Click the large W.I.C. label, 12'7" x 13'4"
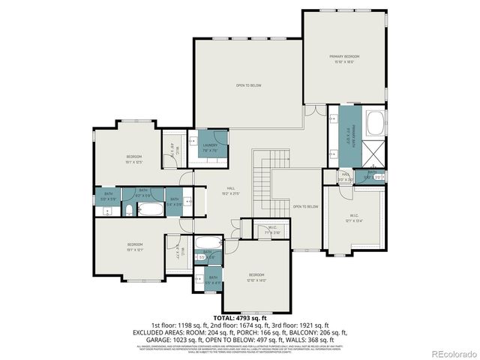tap(354, 218)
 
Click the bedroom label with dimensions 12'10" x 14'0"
tap(257, 277)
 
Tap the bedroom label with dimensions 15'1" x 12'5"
tap(134, 158)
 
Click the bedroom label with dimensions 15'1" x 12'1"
tap(135, 247)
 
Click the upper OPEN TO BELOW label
tap(248, 85)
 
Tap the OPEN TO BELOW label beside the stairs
tap(305, 206)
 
